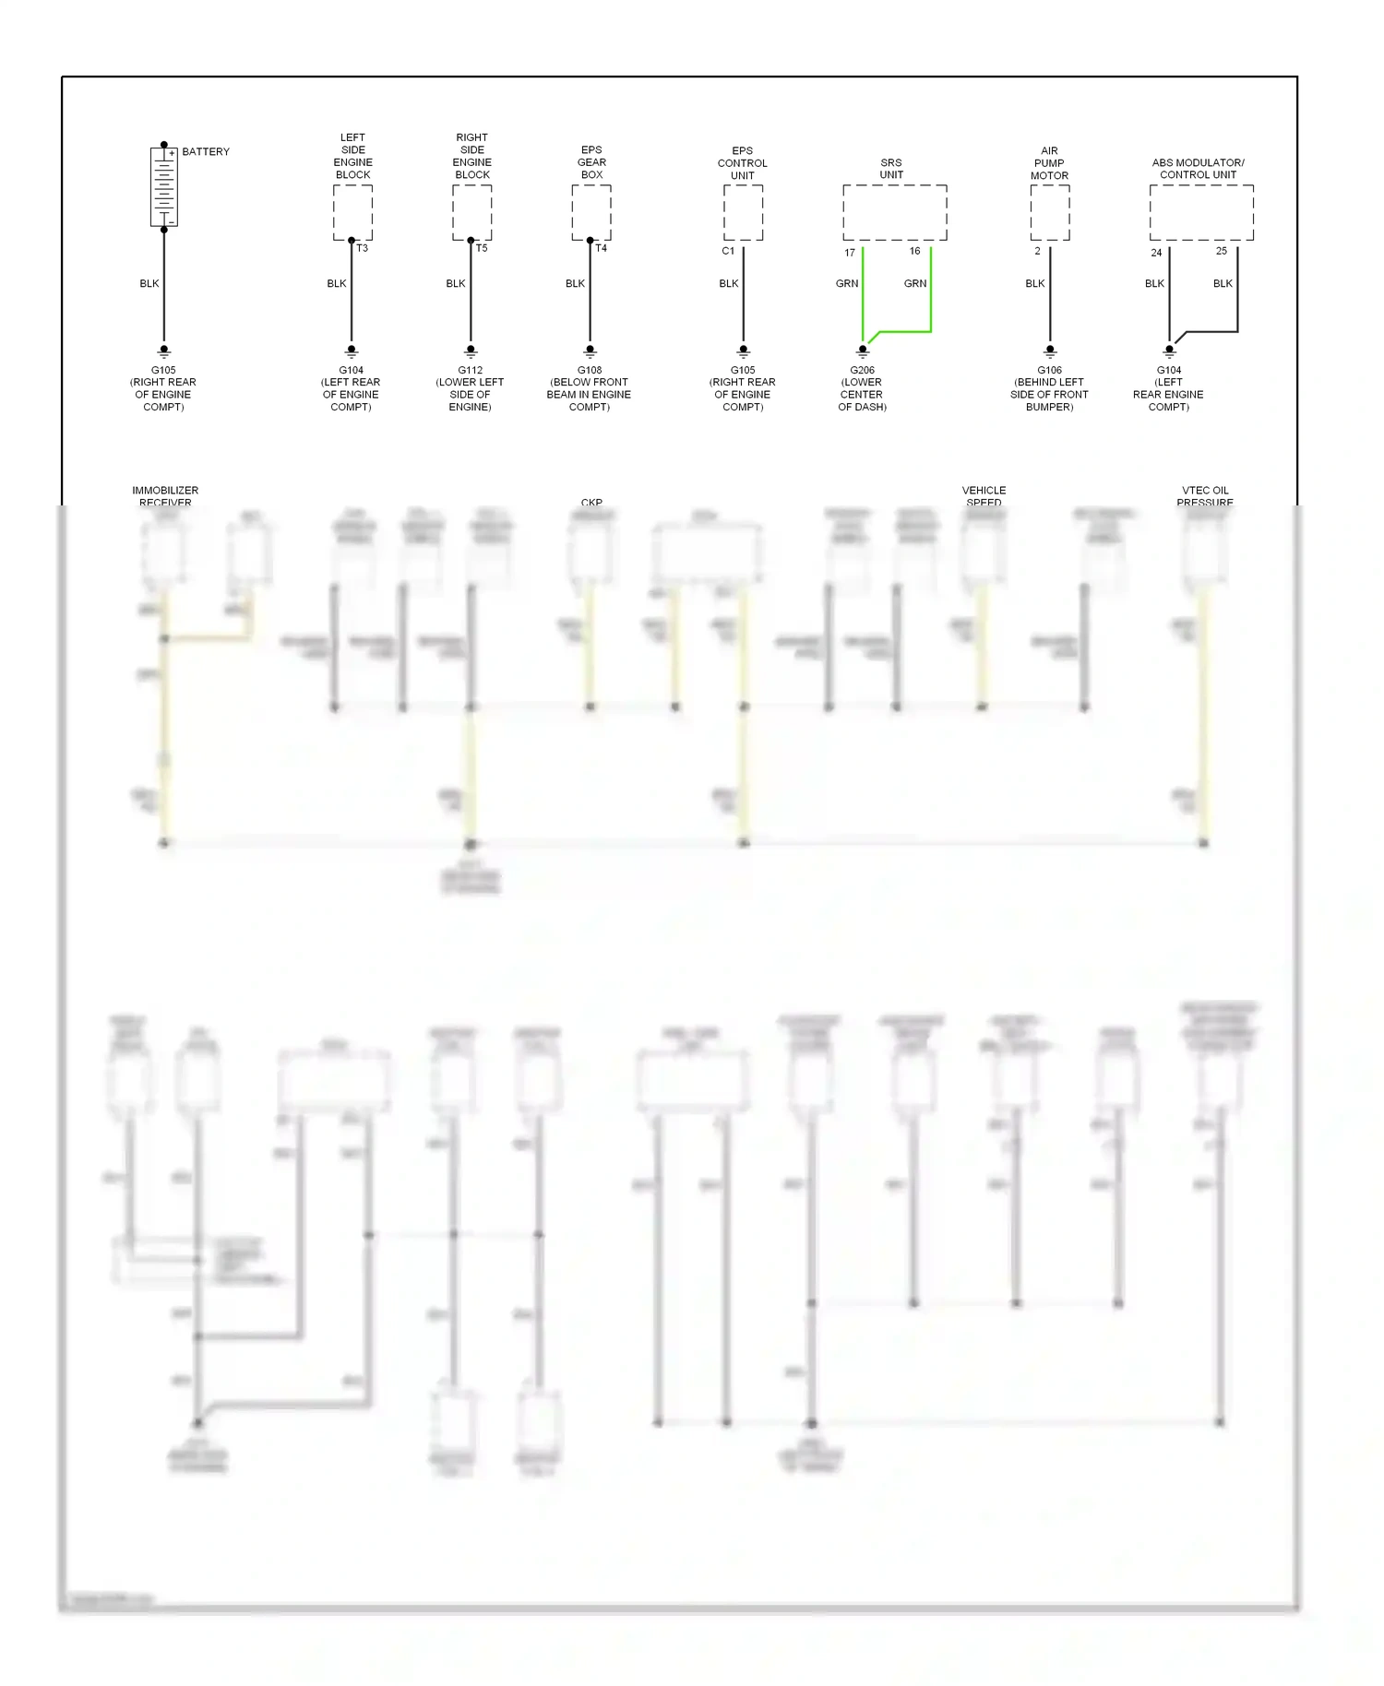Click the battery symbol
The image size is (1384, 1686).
pos(163,186)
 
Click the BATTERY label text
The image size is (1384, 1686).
pos(206,151)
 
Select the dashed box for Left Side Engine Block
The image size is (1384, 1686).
pos(352,212)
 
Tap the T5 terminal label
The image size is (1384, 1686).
pos(481,248)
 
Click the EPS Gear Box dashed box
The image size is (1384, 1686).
pos(591,212)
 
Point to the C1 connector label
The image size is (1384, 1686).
pos(728,251)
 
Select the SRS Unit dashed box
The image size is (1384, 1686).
pos(894,212)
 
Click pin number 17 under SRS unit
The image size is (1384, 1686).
pos(850,253)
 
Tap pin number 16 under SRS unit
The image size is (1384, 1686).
pos(914,251)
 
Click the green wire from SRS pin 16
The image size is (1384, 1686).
pos(930,295)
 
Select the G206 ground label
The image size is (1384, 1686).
pos(862,370)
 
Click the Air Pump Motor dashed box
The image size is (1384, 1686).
pos(1049,212)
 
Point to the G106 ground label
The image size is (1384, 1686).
pos(1049,370)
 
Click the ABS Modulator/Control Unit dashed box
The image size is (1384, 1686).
pos(1200,212)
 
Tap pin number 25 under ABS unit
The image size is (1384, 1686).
pos(1221,251)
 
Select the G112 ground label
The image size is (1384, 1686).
pos(470,370)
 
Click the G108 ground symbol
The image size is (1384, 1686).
pos(590,351)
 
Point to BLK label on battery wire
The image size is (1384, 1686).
pos(149,283)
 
